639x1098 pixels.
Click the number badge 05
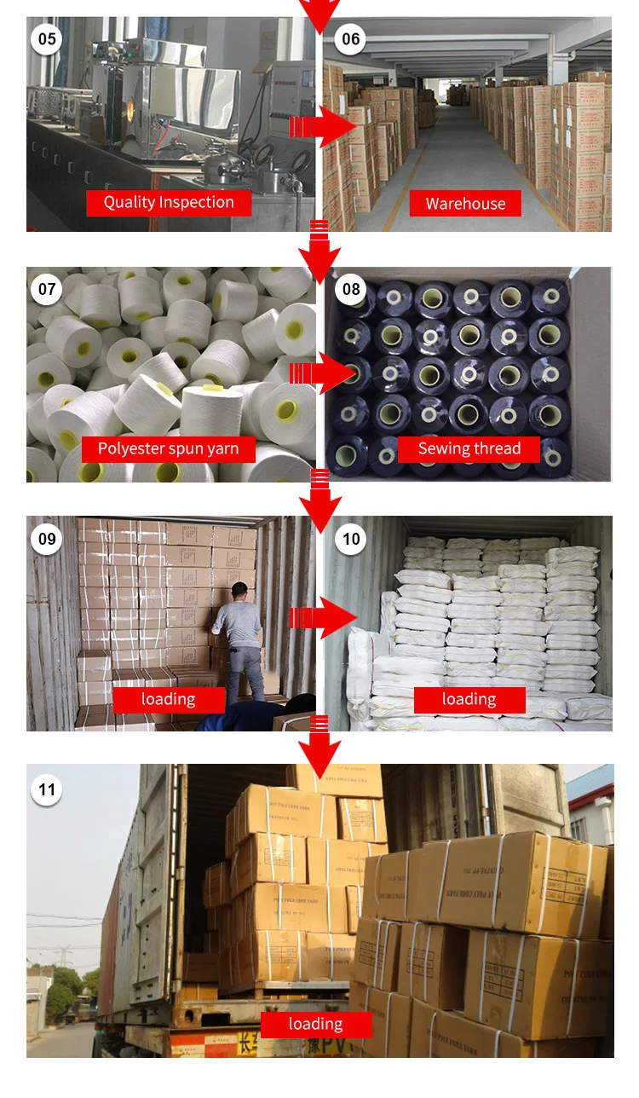click(47, 39)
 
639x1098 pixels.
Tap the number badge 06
click(351, 39)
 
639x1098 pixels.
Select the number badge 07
click(47, 289)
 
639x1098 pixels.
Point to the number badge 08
click(351, 289)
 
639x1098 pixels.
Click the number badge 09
click(47, 538)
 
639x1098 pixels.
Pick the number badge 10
click(351, 538)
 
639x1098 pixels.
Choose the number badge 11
click(47, 789)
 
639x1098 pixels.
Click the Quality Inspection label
click(169, 203)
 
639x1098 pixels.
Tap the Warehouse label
click(465, 204)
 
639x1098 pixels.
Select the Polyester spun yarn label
click(169, 449)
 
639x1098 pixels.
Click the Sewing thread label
click(469, 449)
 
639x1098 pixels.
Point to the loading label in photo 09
click(169, 700)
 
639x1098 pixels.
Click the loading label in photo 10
click(469, 700)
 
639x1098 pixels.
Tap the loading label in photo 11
click(315, 1025)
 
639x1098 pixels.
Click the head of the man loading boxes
click(242, 590)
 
